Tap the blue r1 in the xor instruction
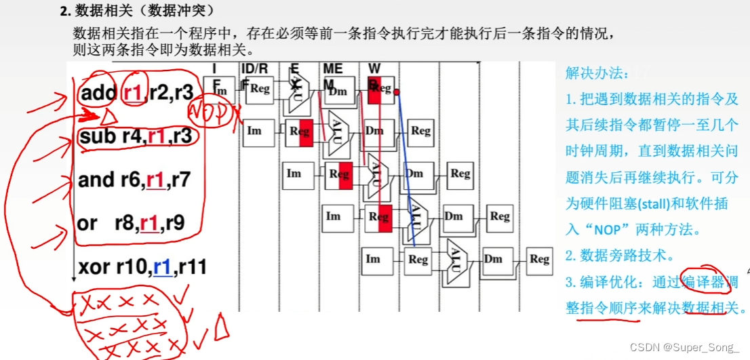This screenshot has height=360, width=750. point(161,268)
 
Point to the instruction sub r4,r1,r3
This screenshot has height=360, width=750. point(136,136)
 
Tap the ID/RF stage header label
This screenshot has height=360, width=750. point(255,68)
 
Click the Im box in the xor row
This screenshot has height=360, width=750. point(373,259)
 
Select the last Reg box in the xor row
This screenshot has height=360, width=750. point(539,259)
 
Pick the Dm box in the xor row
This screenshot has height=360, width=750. point(493,259)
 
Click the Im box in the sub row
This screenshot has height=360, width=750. point(254,130)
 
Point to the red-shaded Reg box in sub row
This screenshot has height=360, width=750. point(299,132)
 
